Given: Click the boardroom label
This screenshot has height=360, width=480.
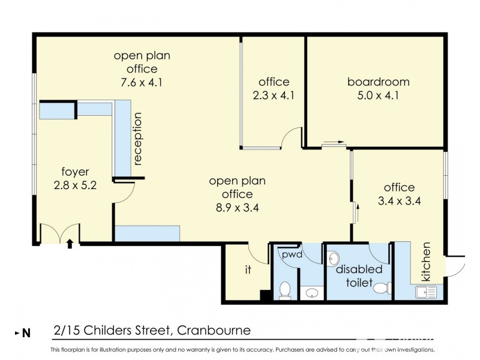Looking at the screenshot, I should coord(378,82).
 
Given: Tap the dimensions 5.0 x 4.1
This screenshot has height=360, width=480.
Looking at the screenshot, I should coord(378,95).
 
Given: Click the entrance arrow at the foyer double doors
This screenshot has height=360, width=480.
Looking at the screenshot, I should coord(70,243).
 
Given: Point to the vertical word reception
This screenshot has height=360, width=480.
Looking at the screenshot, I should coord(138,139).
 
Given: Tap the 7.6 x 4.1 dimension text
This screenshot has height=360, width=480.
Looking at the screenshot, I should coord(142,82).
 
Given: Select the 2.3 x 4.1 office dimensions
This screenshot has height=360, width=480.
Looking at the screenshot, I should coord(274,95).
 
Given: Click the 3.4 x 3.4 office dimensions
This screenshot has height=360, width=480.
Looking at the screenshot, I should coord(400,201).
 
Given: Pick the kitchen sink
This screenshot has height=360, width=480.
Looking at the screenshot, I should coord(425,292).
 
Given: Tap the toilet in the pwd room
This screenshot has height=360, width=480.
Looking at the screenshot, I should coord(285,289).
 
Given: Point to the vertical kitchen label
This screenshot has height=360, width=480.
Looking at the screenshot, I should coord(427,262).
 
